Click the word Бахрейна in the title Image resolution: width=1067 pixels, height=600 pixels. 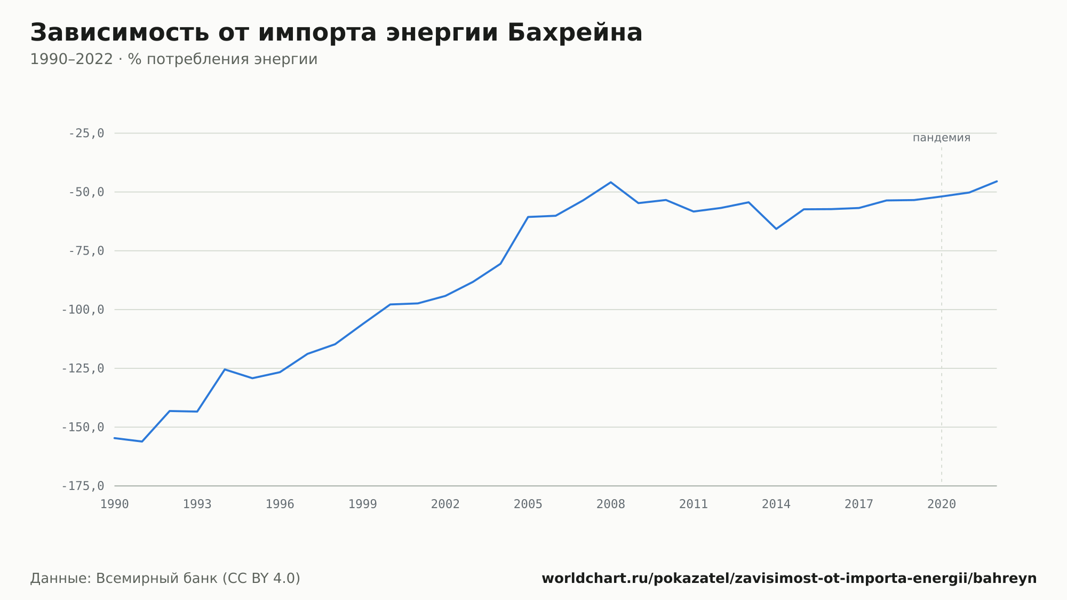[x=575, y=33]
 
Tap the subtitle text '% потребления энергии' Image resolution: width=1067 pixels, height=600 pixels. [x=222, y=59]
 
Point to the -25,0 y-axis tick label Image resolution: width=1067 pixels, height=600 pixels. [x=86, y=133]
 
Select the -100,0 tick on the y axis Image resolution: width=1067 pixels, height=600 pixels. [x=83, y=310]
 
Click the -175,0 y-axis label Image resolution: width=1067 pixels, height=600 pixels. [x=83, y=486]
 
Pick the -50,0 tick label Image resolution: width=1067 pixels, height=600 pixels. [x=86, y=192]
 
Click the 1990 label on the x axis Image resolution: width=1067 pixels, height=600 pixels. [x=115, y=504]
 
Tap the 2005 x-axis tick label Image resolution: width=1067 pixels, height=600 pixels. [x=528, y=504]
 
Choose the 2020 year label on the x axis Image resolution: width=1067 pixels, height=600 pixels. [x=942, y=504]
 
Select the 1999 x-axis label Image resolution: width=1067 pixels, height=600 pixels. [x=363, y=504]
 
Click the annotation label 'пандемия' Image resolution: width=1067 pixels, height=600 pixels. [x=942, y=138]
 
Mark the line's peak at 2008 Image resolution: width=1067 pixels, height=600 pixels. [x=611, y=182]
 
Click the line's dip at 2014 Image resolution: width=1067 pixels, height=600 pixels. [x=776, y=229]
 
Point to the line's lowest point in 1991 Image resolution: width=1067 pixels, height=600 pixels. [x=142, y=441]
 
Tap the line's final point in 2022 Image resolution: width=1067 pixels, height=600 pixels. [x=997, y=181]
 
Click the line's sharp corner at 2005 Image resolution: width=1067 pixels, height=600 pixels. [x=528, y=217]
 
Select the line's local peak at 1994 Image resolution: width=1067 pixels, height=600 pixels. [x=225, y=369]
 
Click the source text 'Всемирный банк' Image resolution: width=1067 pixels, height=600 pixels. [x=157, y=578]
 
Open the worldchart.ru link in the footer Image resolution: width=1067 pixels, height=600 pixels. [x=789, y=578]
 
